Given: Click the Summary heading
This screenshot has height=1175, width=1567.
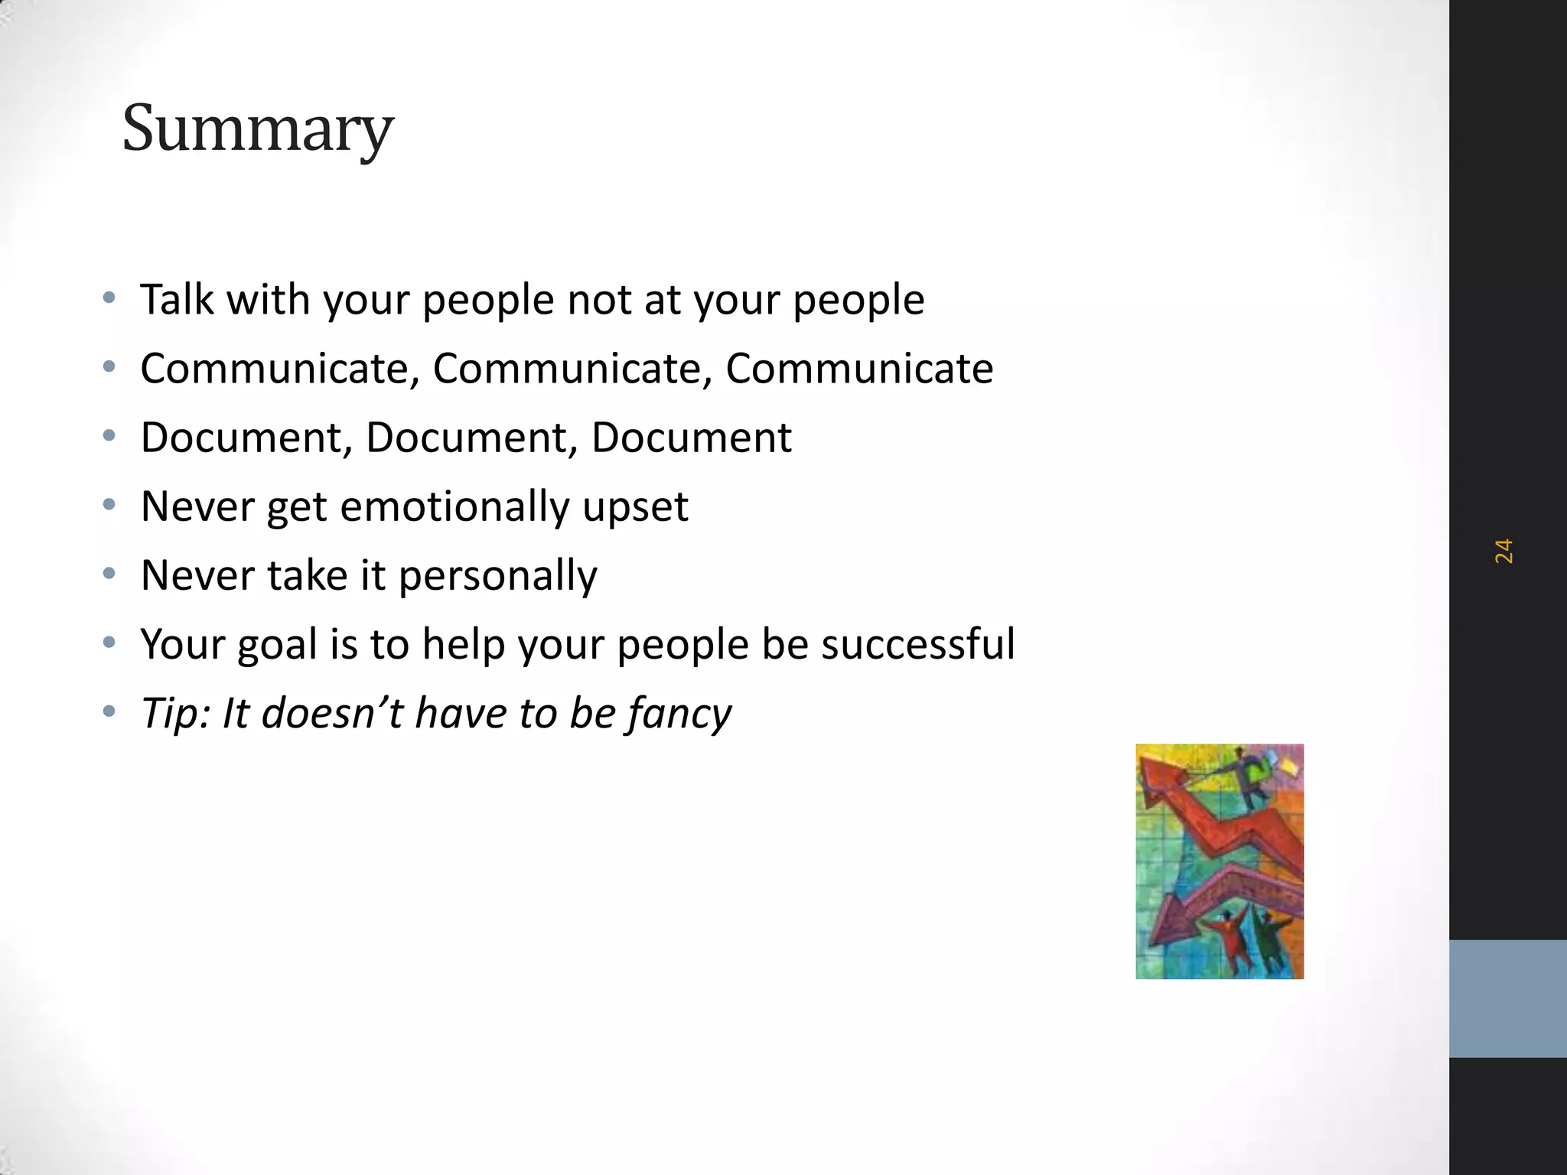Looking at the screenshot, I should (x=257, y=129).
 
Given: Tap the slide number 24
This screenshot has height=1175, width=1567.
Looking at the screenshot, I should (x=1503, y=551).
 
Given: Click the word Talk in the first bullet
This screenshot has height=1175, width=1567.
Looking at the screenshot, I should (x=177, y=299).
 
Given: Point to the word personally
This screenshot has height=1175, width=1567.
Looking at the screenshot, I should (x=497, y=575).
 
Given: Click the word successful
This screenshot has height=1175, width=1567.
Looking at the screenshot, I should (x=917, y=643).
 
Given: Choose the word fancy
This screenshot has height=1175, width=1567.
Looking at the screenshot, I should (x=679, y=713).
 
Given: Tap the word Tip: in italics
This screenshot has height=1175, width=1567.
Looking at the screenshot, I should (x=175, y=713).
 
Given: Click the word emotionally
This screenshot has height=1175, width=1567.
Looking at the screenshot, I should (x=454, y=506).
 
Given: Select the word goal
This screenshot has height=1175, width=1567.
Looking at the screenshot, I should (x=276, y=645).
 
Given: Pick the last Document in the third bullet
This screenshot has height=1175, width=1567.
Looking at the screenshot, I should (x=691, y=438).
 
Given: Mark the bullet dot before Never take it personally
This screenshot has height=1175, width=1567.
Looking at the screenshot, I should (x=109, y=573).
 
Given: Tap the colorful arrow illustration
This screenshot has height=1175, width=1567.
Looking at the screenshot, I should (x=1219, y=861).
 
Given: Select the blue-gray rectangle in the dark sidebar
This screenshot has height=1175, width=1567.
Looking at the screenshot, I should (x=1507, y=998).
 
